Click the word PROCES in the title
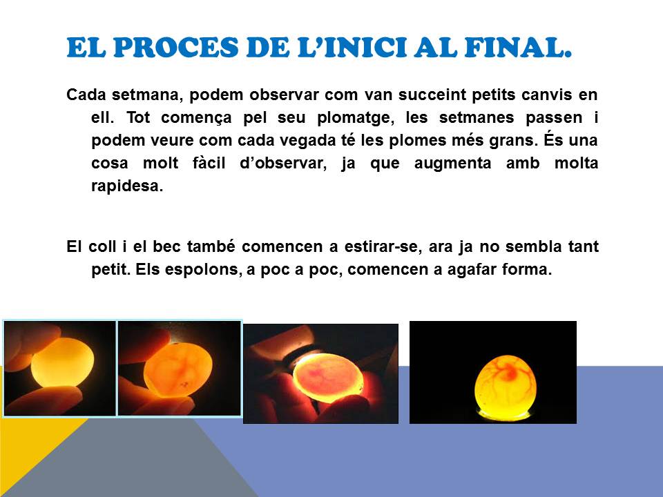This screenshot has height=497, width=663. [x=176, y=48]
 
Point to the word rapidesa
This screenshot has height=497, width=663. [x=127, y=186]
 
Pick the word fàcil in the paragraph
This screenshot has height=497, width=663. [x=209, y=163]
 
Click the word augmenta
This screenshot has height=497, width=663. [x=452, y=164]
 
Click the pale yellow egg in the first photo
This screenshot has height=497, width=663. [x=63, y=362]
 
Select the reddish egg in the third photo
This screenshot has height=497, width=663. [x=328, y=378]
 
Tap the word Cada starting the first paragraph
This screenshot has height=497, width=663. [x=86, y=95]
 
